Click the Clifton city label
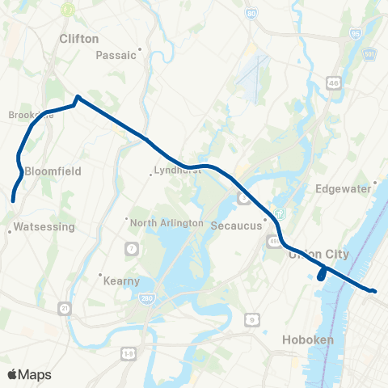tap(79, 38)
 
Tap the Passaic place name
tap(117, 55)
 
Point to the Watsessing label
tap(44, 228)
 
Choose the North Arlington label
tap(165, 222)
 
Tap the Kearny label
tap(122, 281)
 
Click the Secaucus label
tap(236, 226)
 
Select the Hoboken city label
tap(308, 340)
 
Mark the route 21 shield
tap(64, 308)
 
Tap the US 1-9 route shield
tap(129, 354)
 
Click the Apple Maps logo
tap(29, 374)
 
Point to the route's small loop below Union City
tap(322, 275)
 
